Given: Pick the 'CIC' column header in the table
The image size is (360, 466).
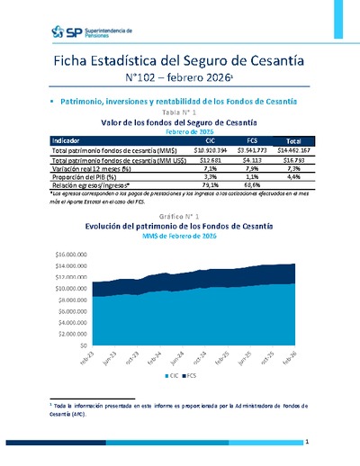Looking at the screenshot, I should [209, 141].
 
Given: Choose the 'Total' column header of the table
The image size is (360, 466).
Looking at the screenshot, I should [293, 141].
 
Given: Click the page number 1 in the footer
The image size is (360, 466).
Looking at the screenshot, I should [307, 443].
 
